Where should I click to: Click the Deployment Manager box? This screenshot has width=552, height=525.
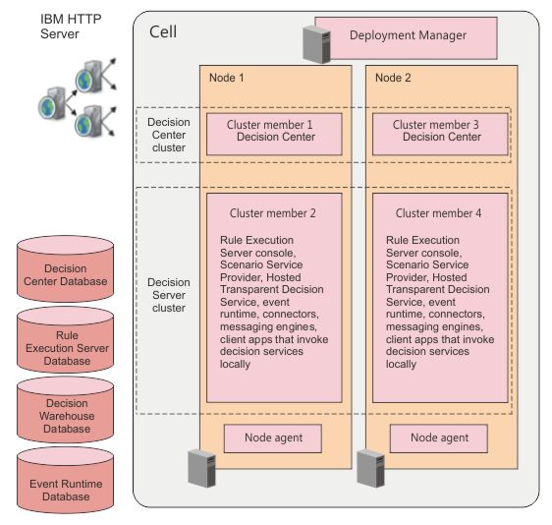(x=406, y=38)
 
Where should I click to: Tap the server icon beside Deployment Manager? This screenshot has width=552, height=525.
(x=316, y=44)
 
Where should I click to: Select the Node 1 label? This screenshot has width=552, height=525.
(x=226, y=78)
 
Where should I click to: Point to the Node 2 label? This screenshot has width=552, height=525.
(x=393, y=78)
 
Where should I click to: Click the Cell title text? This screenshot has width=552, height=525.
(x=163, y=31)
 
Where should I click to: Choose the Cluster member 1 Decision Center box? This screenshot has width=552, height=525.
(x=274, y=134)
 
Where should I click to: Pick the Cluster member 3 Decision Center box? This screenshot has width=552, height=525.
(x=440, y=134)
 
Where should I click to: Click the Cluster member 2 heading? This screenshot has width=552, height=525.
(x=272, y=213)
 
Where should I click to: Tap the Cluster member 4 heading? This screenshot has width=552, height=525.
(x=438, y=213)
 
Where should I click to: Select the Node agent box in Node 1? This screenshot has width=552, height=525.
(x=273, y=438)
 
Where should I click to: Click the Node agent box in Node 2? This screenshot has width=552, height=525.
(x=439, y=438)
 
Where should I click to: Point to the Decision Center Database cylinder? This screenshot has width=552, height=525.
(x=66, y=268)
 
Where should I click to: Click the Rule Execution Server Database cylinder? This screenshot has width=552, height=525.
(x=66, y=339)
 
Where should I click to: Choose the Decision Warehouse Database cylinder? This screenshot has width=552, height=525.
(x=66, y=410)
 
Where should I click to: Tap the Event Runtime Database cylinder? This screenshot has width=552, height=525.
(x=66, y=480)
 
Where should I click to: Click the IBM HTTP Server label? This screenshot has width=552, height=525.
(x=71, y=27)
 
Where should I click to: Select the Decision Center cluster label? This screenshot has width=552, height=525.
(x=169, y=135)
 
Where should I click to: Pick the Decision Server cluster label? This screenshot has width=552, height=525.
(x=169, y=295)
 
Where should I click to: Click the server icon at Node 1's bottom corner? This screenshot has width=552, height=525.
(x=201, y=468)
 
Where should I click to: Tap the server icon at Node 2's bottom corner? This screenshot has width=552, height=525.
(x=370, y=468)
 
